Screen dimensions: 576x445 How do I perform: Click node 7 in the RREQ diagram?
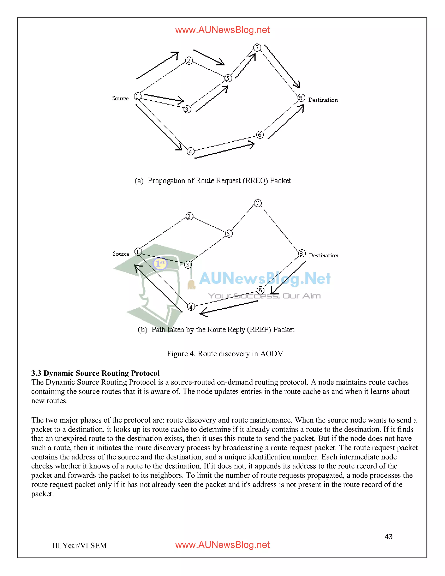point(257,47)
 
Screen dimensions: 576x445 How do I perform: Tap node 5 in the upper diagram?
point(228,78)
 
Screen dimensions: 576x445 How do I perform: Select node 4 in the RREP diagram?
point(191,307)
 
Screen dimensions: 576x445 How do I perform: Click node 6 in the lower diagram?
point(260,290)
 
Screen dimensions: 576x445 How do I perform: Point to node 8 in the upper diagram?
point(301,98)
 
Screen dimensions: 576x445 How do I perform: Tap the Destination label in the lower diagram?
point(324,255)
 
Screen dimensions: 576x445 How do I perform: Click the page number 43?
point(388,537)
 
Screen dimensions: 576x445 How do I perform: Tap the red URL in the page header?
point(222,30)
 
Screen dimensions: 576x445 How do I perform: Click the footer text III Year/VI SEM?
point(80,545)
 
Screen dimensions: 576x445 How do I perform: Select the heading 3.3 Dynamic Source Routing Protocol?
point(95,373)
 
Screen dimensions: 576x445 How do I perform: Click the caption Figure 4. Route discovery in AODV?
point(225,354)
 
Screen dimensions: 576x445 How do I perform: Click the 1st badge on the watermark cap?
point(160,263)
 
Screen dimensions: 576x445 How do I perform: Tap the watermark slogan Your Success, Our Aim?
point(264,296)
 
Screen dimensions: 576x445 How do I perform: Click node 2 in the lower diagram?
point(189,216)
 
